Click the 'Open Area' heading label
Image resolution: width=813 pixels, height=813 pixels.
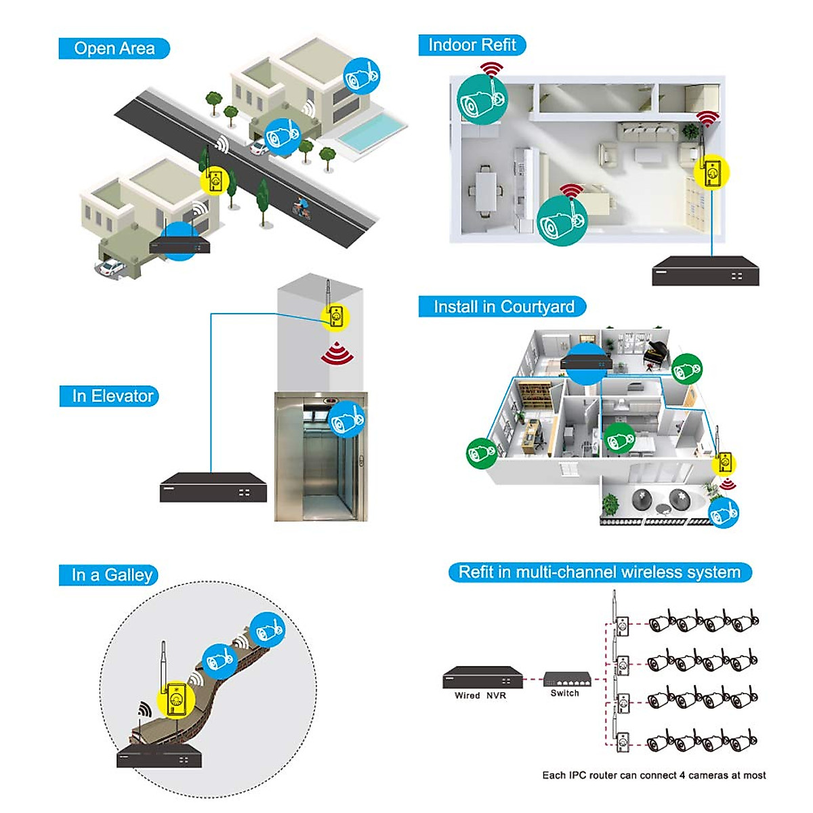coord(114,49)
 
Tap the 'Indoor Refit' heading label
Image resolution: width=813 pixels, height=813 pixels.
coord(472,45)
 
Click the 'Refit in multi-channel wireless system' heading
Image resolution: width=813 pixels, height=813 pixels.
coord(600,572)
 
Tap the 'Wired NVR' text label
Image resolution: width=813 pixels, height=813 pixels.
coord(480,696)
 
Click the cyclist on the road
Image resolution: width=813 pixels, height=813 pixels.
coord(299,206)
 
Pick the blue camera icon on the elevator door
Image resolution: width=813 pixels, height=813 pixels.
coord(346,419)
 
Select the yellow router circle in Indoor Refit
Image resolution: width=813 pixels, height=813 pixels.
coord(712,173)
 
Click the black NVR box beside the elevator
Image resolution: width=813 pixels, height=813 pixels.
coord(213,488)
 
